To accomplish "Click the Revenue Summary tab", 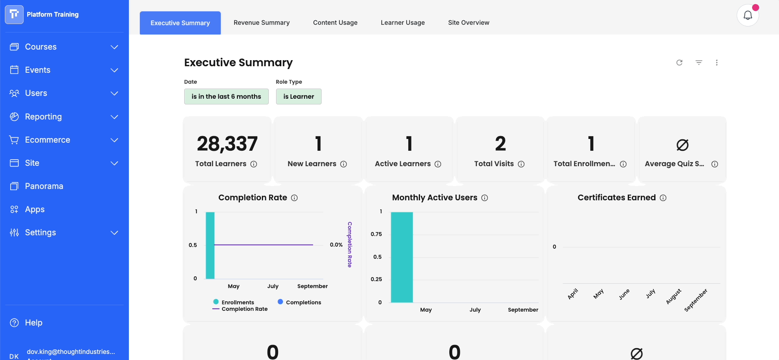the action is (261, 23).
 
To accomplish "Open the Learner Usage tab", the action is (403, 23).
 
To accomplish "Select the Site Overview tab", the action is (468, 23).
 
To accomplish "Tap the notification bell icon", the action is (748, 15).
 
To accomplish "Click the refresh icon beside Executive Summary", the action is (679, 63).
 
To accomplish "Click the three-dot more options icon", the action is (717, 63).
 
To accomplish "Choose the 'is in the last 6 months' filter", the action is (226, 96).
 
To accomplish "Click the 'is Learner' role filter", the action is (299, 96).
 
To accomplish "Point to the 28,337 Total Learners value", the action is (227, 144).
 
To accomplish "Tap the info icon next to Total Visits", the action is (521, 164).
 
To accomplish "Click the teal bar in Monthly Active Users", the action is (402, 257).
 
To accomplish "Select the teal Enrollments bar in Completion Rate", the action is (210, 245).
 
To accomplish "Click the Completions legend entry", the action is (300, 302).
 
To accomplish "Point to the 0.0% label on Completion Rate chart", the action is (336, 245).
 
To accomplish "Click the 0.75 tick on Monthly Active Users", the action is (376, 234).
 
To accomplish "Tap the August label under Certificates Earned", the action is (673, 297).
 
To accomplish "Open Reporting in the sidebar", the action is (44, 117).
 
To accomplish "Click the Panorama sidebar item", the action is (44, 186).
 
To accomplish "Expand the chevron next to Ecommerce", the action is (115, 140).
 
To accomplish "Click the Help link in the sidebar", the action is (34, 323).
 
